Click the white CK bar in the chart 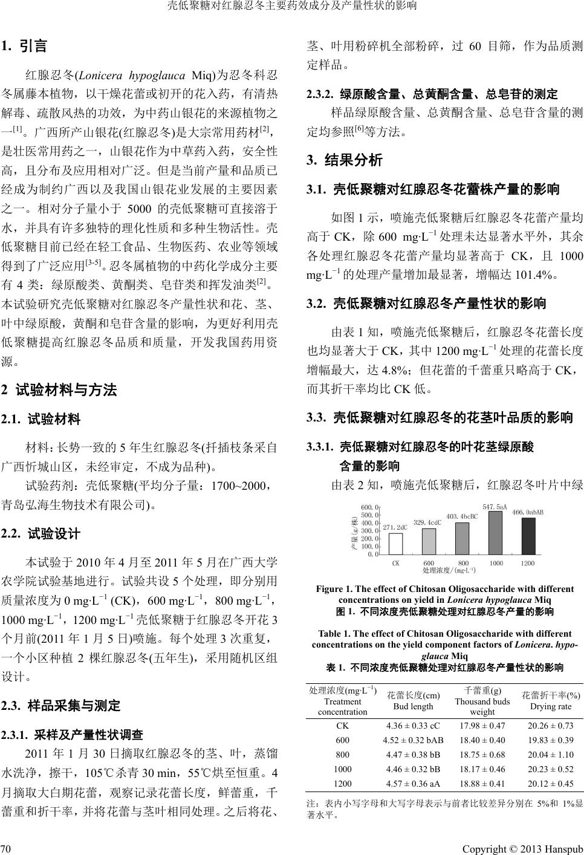395,543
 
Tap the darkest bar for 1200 528,536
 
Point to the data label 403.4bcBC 461,516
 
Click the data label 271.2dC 395,527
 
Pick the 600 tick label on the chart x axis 429,562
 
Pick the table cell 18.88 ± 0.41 482,784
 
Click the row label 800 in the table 342,755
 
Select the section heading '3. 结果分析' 345,161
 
